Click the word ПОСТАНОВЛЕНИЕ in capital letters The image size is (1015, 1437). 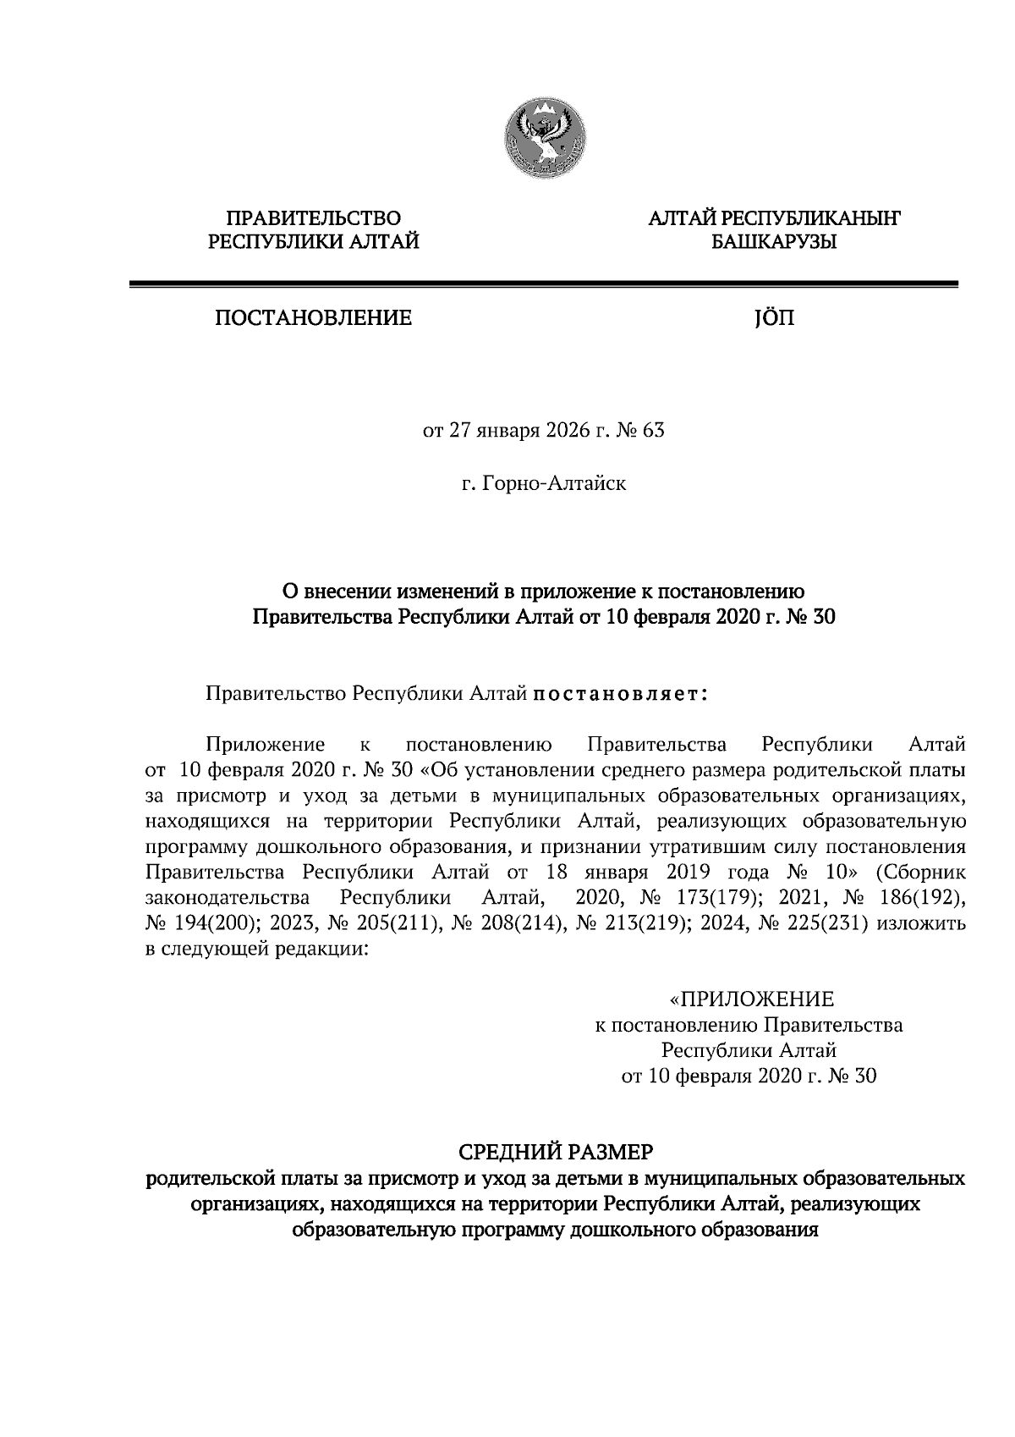click(313, 318)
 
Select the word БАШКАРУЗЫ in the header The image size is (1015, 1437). click(773, 243)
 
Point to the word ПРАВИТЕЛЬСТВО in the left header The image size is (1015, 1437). click(314, 219)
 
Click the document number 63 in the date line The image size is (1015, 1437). click(654, 430)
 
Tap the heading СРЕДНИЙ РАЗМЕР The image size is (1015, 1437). click(556, 1152)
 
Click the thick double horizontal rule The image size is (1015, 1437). click(543, 285)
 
